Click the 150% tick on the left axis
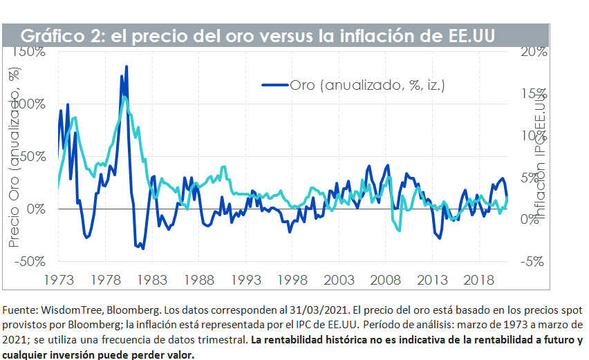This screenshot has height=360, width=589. pyautogui.click(x=28, y=52)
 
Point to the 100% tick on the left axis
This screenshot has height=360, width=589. pyautogui.click(x=28, y=104)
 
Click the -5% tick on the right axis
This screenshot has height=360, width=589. pyautogui.click(x=533, y=261)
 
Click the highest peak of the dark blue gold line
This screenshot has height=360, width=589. pyautogui.click(x=127, y=67)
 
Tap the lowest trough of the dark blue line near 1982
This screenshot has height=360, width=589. pyautogui.click(x=143, y=247)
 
